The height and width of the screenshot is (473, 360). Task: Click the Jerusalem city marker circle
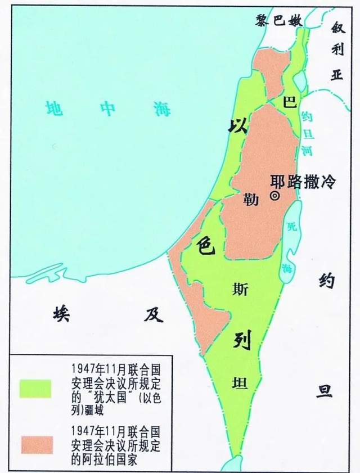(274, 196)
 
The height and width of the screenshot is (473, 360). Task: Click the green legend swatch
(35, 388)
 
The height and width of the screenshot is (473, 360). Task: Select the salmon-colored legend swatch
(35, 444)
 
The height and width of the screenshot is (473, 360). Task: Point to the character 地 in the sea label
(54, 107)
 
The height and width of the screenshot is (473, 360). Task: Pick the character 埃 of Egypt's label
(60, 313)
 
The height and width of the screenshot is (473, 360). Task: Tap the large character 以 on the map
(237, 126)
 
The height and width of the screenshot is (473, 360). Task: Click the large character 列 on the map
(243, 340)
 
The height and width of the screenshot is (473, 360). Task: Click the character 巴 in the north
(290, 102)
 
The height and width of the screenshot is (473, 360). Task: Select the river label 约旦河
(307, 133)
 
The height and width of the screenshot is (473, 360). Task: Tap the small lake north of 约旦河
(299, 79)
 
